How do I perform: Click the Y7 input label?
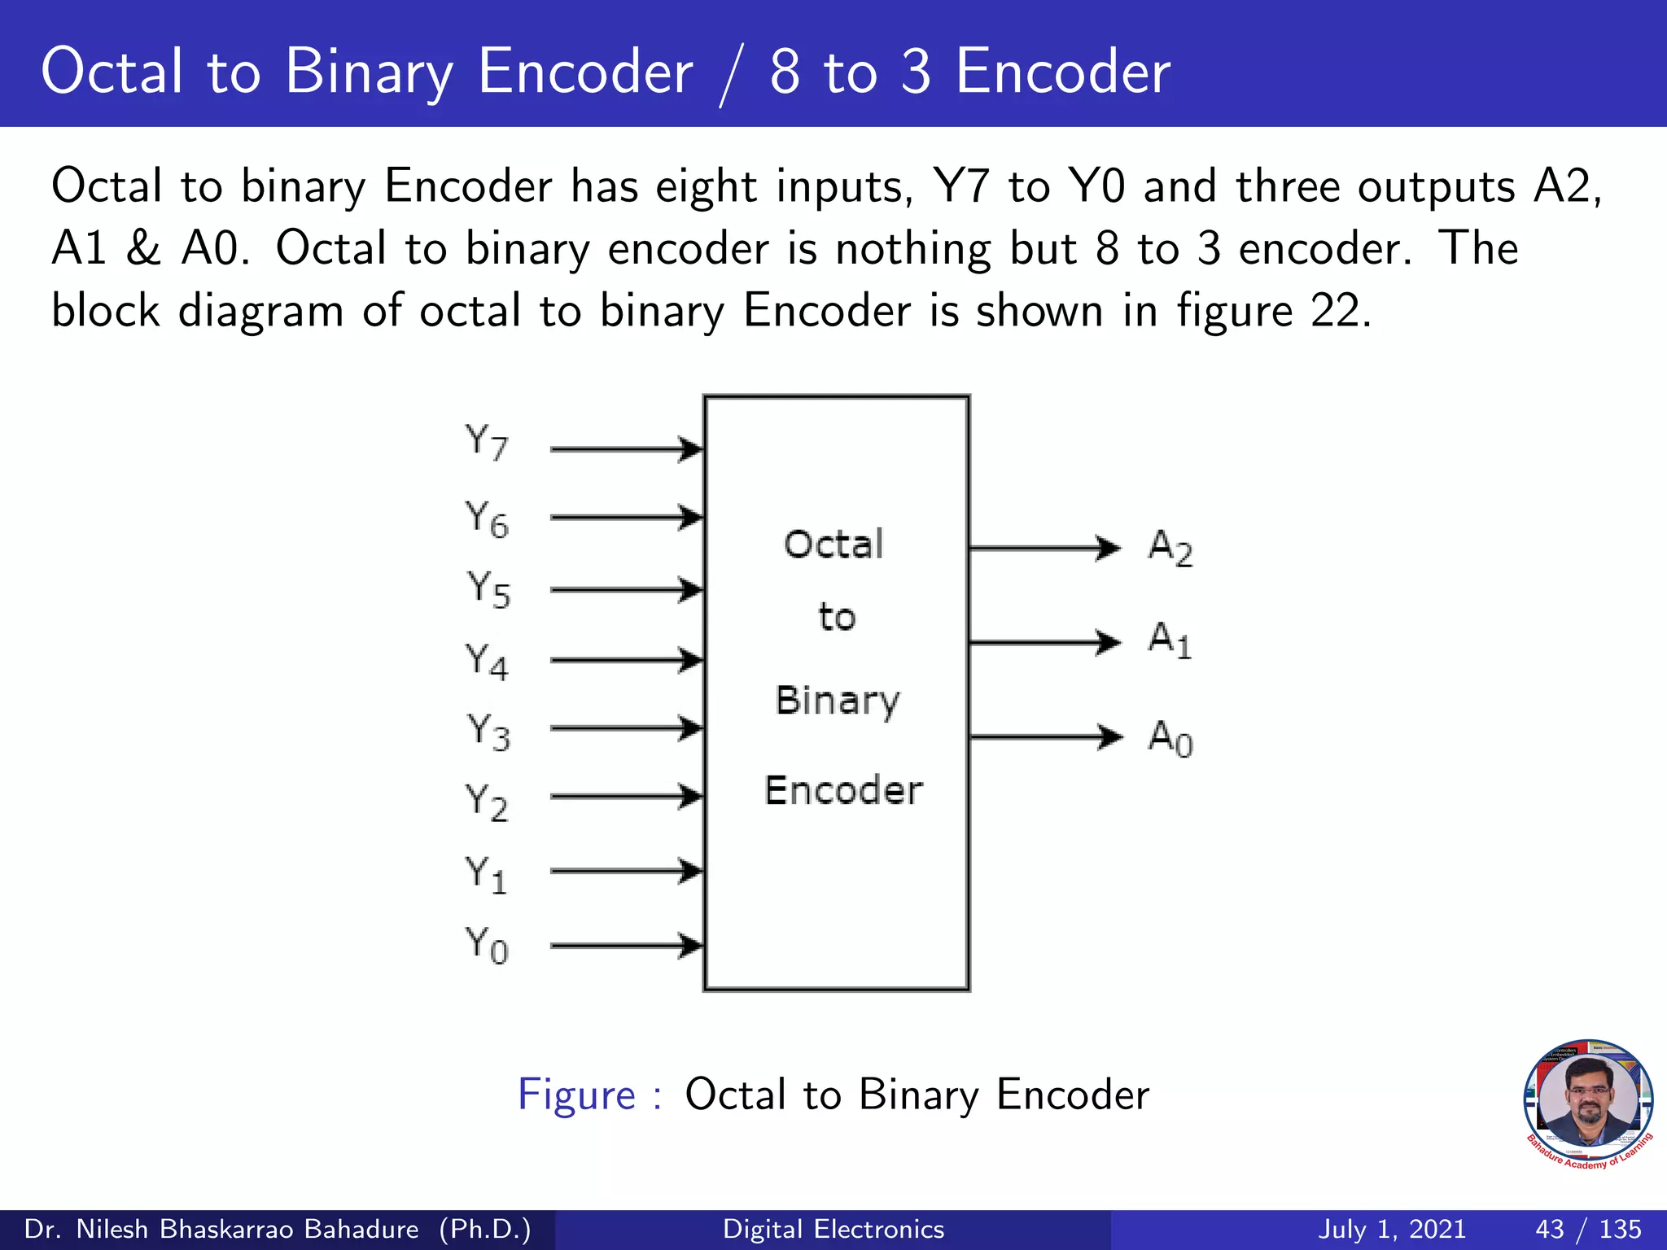point(487,444)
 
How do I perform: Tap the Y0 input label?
point(487,946)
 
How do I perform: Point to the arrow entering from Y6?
point(625,517)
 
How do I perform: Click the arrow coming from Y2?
point(625,796)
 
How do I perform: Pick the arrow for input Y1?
point(625,871)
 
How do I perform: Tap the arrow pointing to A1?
point(1045,642)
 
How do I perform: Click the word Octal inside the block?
point(833,544)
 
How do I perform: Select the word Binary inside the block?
point(838,701)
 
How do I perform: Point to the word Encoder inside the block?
point(843,790)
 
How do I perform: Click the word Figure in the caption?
point(576,1095)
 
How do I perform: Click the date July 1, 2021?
point(1392,1229)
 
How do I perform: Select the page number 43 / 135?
point(1588,1229)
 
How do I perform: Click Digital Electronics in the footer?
point(833,1229)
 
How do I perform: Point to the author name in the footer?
point(278,1229)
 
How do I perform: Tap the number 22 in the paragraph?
point(1335,311)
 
